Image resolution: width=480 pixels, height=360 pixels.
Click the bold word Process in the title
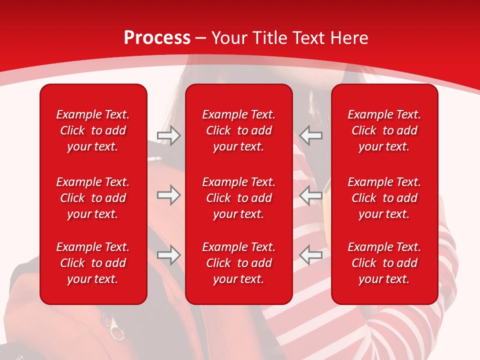pos(157,38)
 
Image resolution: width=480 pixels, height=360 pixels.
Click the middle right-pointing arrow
pos(168,195)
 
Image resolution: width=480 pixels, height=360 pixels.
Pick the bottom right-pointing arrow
pos(168,255)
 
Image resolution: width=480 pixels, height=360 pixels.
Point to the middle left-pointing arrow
pos(311,195)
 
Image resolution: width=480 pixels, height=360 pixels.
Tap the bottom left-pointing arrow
pos(311,255)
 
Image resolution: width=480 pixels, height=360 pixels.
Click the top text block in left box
pos(93,130)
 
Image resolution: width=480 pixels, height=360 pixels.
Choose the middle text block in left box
pos(93,198)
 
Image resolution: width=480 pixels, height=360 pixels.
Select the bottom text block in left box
pos(93,263)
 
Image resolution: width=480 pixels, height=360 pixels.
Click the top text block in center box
pos(238,130)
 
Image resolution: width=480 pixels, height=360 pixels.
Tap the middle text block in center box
pos(238,198)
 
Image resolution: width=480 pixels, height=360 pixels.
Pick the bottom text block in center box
pos(238,263)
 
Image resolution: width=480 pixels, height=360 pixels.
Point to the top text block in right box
pos(384,130)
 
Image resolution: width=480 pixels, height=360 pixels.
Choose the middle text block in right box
pos(384,198)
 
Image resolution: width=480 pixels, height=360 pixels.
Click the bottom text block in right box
pos(384,263)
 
